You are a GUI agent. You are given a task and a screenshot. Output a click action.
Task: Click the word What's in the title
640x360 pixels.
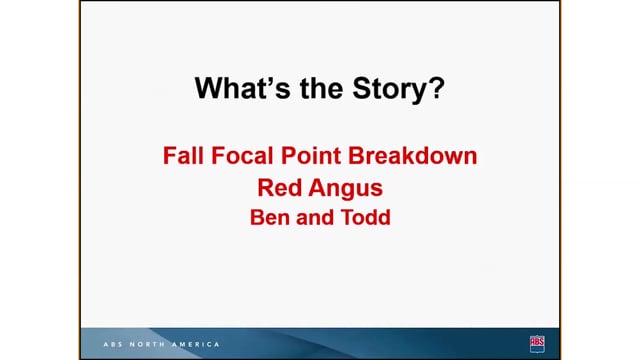coord(242,88)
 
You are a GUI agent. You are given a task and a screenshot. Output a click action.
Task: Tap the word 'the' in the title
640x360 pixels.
coord(322,88)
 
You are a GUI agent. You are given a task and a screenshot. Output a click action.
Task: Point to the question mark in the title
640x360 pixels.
coord(436,88)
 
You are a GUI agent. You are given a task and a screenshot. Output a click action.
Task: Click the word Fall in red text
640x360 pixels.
coord(183,156)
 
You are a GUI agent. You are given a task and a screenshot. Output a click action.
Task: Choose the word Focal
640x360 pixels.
coord(242,156)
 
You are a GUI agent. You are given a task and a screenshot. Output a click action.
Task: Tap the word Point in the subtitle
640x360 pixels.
coord(311,156)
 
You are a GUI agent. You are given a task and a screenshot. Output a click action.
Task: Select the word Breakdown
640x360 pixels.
coord(413,156)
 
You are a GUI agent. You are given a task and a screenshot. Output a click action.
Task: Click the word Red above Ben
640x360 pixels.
coord(279,188)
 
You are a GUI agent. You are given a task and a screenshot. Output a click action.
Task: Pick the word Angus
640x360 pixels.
coord(346,190)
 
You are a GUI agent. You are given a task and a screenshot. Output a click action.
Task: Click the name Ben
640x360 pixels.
coord(269,217)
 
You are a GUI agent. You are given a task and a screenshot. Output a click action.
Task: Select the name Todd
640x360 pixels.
coord(366,217)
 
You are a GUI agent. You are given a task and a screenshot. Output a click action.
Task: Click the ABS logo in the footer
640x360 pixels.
coord(537,344)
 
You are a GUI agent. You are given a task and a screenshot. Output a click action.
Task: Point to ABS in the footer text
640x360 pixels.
coord(113,344)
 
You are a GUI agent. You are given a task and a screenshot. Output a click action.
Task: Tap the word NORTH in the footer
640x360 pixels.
coord(147,344)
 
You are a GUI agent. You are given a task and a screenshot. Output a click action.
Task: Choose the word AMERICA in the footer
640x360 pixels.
coord(196,344)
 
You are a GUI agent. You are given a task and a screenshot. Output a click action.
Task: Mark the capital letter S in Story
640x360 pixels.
coord(362,88)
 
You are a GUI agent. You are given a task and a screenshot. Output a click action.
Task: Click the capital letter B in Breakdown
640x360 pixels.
coord(356,156)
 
